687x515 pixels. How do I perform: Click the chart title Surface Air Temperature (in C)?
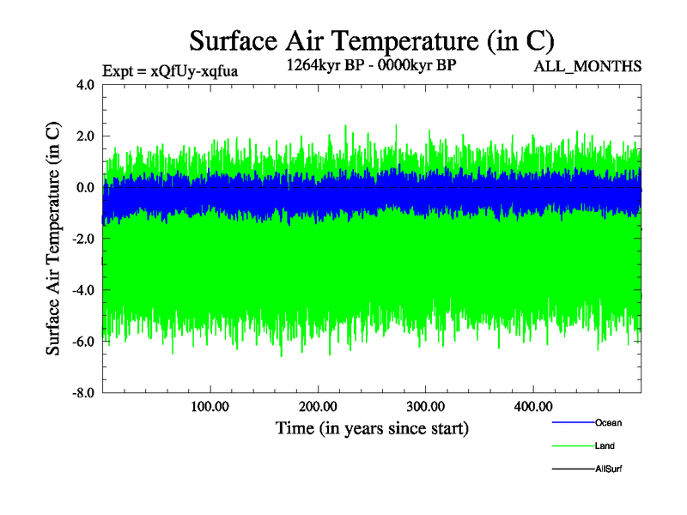pyautogui.click(x=371, y=40)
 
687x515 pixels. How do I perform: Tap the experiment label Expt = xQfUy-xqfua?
pyautogui.click(x=170, y=71)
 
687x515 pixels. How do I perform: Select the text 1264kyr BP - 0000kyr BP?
pyautogui.click(x=372, y=65)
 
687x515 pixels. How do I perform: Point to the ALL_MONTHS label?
pyautogui.click(x=594, y=66)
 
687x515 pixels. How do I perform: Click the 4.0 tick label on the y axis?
pyautogui.click(x=86, y=85)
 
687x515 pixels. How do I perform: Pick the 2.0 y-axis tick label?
pyautogui.click(x=86, y=136)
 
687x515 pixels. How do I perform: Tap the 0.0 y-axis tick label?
pyautogui.click(x=86, y=187)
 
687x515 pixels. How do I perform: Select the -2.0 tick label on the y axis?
pyautogui.click(x=84, y=239)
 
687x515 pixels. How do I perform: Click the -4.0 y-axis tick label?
pyautogui.click(x=84, y=290)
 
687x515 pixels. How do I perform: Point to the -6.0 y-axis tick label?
pyautogui.click(x=84, y=342)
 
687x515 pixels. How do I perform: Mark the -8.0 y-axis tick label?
pyautogui.click(x=84, y=393)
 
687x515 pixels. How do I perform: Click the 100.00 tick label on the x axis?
pyautogui.click(x=210, y=406)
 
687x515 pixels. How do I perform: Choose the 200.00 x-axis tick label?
pyautogui.click(x=318, y=406)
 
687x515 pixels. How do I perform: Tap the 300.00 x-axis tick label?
pyautogui.click(x=425, y=406)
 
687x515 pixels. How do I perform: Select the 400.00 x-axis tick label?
pyautogui.click(x=532, y=406)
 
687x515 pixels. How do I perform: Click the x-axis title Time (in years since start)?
pyautogui.click(x=372, y=427)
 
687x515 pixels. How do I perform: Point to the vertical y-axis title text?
pyautogui.click(x=53, y=239)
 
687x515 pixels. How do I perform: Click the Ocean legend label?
pyautogui.click(x=608, y=423)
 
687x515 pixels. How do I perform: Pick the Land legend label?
pyautogui.click(x=605, y=446)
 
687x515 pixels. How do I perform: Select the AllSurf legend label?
pyautogui.click(x=608, y=470)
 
